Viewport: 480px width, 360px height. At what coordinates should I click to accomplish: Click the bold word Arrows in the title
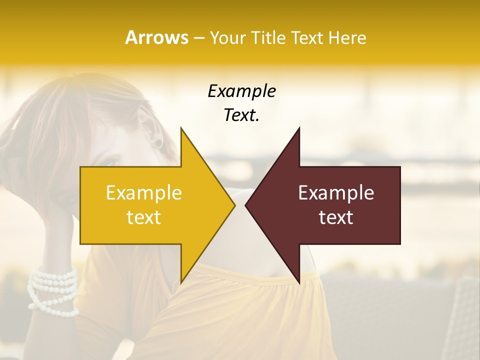[156, 37]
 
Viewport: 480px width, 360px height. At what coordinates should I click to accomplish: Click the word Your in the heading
[228, 38]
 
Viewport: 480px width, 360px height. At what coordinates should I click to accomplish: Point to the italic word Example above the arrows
[241, 91]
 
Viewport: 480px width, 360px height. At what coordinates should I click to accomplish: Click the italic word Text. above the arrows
[241, 115]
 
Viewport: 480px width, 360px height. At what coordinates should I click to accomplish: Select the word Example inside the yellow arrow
[143, 193]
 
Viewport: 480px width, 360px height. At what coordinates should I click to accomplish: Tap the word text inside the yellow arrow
[143, 217]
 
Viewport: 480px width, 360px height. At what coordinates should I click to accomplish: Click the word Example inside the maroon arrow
[336, 193]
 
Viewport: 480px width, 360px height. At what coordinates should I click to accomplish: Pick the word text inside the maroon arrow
[336, 217]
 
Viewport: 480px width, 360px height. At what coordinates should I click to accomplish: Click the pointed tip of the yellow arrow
[234, 205]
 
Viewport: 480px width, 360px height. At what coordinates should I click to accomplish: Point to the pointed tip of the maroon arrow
[245, 205]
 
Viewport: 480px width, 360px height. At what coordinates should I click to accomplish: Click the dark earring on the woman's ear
[158, 143]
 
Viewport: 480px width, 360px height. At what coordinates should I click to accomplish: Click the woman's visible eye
[111, 162]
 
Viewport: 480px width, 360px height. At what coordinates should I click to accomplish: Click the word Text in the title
[307, 38]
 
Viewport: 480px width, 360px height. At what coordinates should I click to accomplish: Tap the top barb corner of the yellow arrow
[181, 128]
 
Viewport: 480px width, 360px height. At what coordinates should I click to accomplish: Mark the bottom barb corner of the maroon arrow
[299, 283]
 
